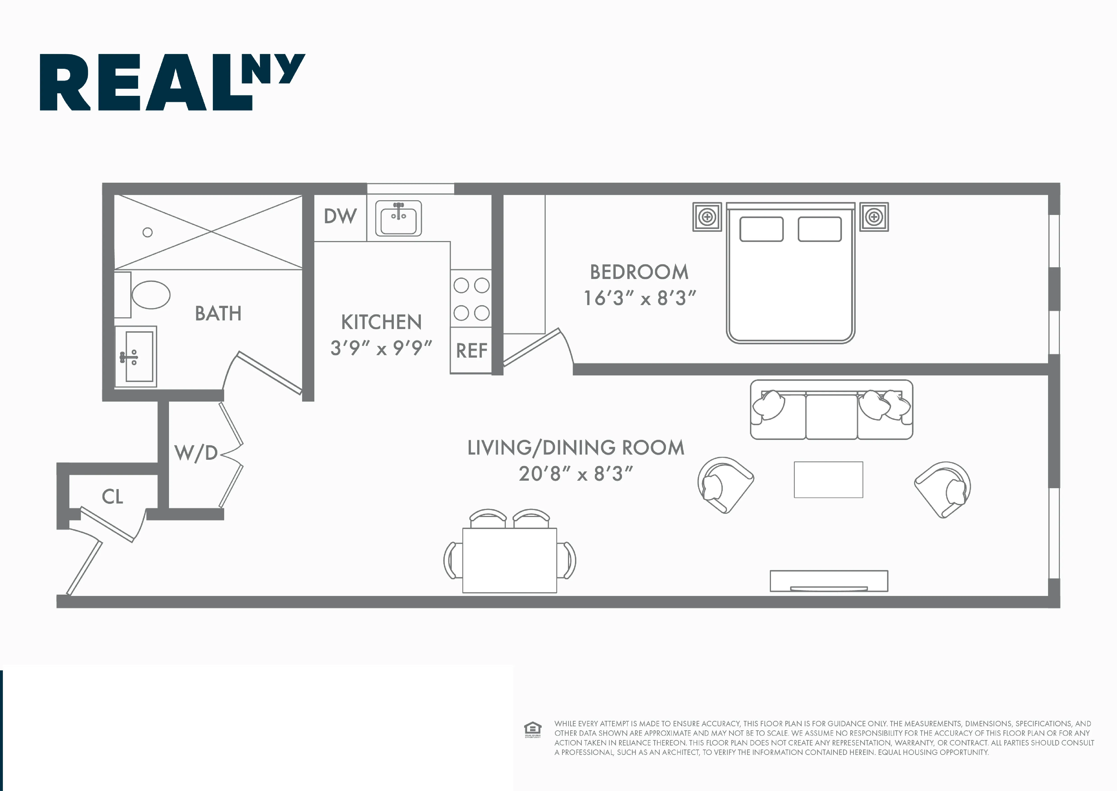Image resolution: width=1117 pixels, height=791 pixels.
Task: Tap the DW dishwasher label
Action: (x=340, y=216)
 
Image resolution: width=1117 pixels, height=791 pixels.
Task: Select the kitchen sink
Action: (x=398, y=219)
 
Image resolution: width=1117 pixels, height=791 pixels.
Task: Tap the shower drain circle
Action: (x=148, y=232)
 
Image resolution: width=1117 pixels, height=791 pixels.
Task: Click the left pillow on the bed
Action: (x=761, y=229)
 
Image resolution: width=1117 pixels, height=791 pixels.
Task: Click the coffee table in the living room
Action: (x=828, y=480)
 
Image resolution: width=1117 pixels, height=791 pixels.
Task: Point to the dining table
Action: (x=510, y=560)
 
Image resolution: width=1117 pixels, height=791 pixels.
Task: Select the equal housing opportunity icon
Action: (x=532, y=729)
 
